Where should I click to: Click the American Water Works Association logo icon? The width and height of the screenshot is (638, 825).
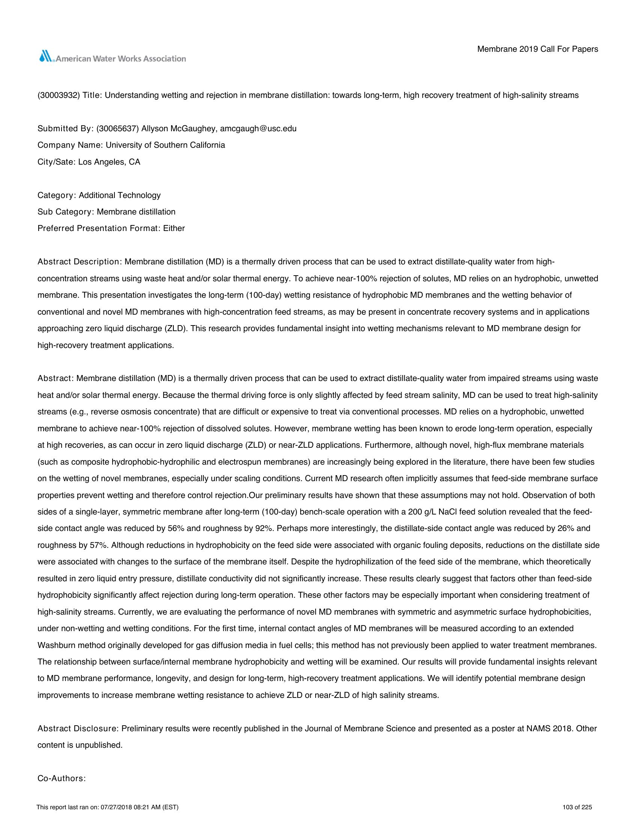tap(46, 57)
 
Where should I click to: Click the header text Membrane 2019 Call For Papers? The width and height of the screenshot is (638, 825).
tap(537, 49)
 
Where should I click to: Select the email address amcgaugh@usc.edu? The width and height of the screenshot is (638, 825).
tap(258, 128)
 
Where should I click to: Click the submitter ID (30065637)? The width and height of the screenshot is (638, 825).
tap(117, 128)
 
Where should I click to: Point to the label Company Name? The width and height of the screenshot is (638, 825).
tap(70, 145)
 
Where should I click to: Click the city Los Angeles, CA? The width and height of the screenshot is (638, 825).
tap(109, 162)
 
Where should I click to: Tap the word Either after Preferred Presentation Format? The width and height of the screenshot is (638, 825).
tap(174, 228)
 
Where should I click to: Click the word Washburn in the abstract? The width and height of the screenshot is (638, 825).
tap(55, 645)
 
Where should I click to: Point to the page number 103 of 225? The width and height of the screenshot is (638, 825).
tap(577, 807)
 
